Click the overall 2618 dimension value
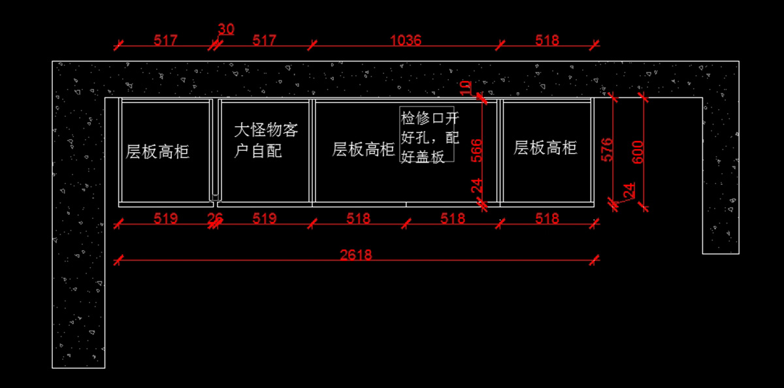356,255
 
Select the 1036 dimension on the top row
406,40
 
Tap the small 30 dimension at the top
226,29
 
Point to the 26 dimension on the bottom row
215,218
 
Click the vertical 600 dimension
638,152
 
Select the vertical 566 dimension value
477,151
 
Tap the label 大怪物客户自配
265,140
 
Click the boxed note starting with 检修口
429,137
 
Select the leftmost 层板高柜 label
157,152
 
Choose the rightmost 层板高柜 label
546,147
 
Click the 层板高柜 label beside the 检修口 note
364,149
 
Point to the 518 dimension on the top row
547,40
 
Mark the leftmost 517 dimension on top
166,40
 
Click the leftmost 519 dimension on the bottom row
166,218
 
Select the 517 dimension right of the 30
265,40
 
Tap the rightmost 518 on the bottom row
547,218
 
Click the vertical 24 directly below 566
477,186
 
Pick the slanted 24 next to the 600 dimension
629,190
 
